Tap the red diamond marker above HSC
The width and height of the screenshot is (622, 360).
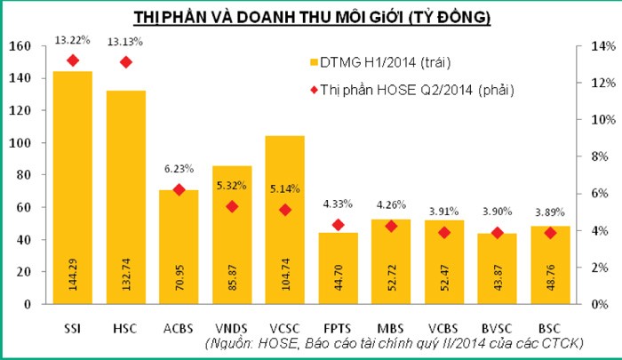tap(125, 61)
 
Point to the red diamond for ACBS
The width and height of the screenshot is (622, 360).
tap(179, 189)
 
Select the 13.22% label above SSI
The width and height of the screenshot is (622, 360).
tap(73, 40)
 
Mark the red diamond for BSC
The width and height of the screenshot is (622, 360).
tap(551, 233)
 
